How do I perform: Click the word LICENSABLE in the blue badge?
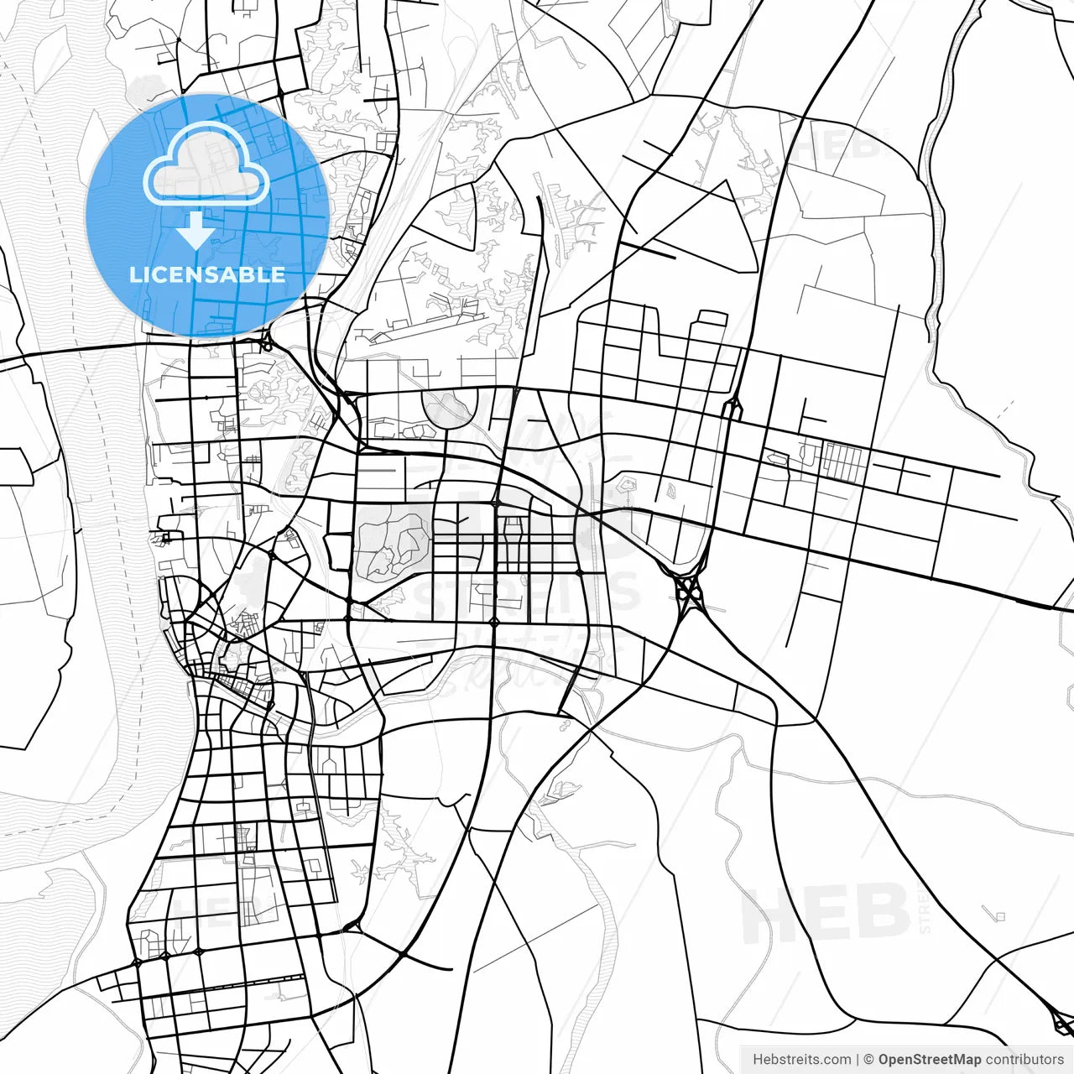coord(207,274)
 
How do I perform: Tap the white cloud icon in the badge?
coord(206,164)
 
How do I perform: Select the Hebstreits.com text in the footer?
coord(801,1060)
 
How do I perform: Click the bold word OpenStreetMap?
coord(930,1060)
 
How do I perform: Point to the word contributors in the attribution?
coord(1024,1060)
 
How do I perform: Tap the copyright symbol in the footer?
coord(869,1060)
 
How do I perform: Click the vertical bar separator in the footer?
coord(858,1060)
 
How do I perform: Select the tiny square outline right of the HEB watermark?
coord(999,915)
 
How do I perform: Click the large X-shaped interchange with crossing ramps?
coord(689,591)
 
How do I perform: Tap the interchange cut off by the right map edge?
coord(1063,1021)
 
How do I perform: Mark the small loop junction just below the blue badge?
coord(266,342)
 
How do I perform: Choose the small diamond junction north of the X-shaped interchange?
coord(733,409)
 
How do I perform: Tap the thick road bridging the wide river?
coord(84,350)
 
